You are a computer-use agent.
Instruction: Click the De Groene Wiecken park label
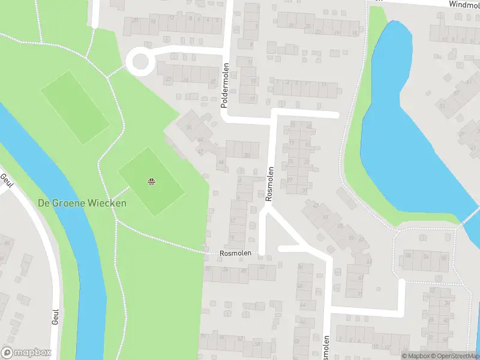click(82, 203)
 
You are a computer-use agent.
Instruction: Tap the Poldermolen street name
click(225, 85)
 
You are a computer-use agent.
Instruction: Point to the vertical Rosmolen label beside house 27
click(270, 183)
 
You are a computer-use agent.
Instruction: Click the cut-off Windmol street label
click(464, 4)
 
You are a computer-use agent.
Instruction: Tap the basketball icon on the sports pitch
click(151, 181)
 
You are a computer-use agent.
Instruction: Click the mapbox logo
click(26, 353)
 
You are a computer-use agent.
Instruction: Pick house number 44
click(221, 163)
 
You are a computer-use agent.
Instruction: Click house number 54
click(426, 257)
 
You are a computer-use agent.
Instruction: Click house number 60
click(7, 242)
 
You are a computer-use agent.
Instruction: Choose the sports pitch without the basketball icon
click(75, 106)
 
